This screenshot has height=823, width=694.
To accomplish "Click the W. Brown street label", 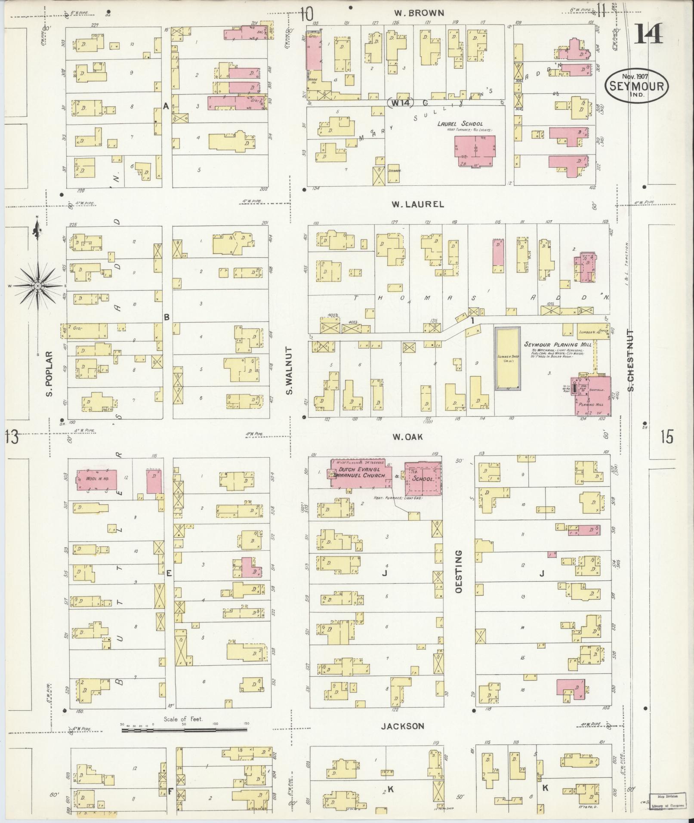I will (419, 13).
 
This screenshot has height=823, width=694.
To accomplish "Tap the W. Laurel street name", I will (417, 204).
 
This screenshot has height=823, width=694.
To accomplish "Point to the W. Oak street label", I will (407, 437).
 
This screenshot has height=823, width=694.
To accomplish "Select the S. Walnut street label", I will (289, 371).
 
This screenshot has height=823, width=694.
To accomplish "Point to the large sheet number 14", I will (648, 34).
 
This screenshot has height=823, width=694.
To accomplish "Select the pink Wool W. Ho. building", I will (96, 480).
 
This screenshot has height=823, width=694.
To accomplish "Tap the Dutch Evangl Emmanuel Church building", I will (361, 473).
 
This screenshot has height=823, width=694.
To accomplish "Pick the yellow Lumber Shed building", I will (507, 358).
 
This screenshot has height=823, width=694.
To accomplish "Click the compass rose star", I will (37, 286).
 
